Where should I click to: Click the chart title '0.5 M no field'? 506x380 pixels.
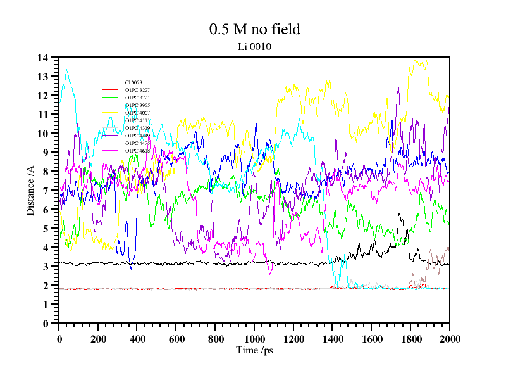click(254, 29)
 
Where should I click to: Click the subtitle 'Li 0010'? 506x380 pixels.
click(254, 46)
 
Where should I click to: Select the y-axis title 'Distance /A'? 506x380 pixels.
click(30, 191)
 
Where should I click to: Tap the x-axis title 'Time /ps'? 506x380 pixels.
click(254, 350)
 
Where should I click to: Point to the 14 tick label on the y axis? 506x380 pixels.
click(43, 58)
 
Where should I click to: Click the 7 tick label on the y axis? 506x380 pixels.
click(46, 191)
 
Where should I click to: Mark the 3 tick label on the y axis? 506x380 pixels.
click(46, 267)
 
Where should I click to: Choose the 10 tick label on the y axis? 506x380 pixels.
click(43, 134)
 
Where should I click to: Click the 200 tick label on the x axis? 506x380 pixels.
click(98, 339)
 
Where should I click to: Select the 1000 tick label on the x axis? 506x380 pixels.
click(254, 339)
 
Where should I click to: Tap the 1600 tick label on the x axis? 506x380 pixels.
click(371, 339)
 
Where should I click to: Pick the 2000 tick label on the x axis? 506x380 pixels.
click(449, 339)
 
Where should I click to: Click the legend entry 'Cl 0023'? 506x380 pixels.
click(133, 82)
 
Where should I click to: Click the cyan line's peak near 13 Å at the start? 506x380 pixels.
click(66, 70)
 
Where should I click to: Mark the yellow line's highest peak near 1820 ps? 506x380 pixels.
click(415, 60)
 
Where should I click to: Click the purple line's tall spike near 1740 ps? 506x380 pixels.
click(398, 88)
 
